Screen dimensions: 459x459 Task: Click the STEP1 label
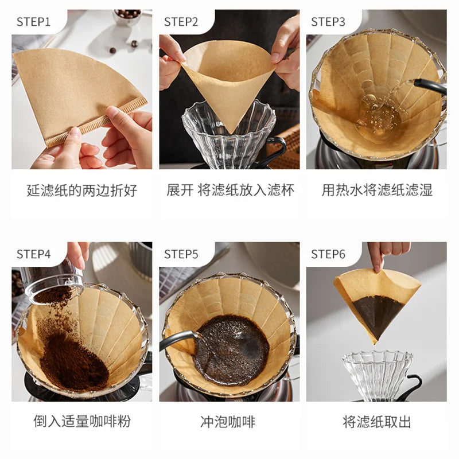33,22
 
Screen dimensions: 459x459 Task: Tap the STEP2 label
181,22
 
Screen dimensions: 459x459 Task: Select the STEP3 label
328,22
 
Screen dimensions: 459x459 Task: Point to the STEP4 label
33,254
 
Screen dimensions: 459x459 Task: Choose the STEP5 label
181,254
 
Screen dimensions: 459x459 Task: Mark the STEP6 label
328,254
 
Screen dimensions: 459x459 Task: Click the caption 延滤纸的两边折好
82,190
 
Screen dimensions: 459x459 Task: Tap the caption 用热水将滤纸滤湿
377,190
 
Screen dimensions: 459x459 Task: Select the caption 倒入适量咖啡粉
82,422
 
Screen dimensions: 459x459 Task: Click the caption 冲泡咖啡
228,422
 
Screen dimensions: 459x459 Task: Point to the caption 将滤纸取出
377,422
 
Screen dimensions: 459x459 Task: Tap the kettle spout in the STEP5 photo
178,340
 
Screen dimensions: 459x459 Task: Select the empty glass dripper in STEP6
378,376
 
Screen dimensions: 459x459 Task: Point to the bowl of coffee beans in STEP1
127,17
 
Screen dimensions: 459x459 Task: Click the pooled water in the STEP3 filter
378,116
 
